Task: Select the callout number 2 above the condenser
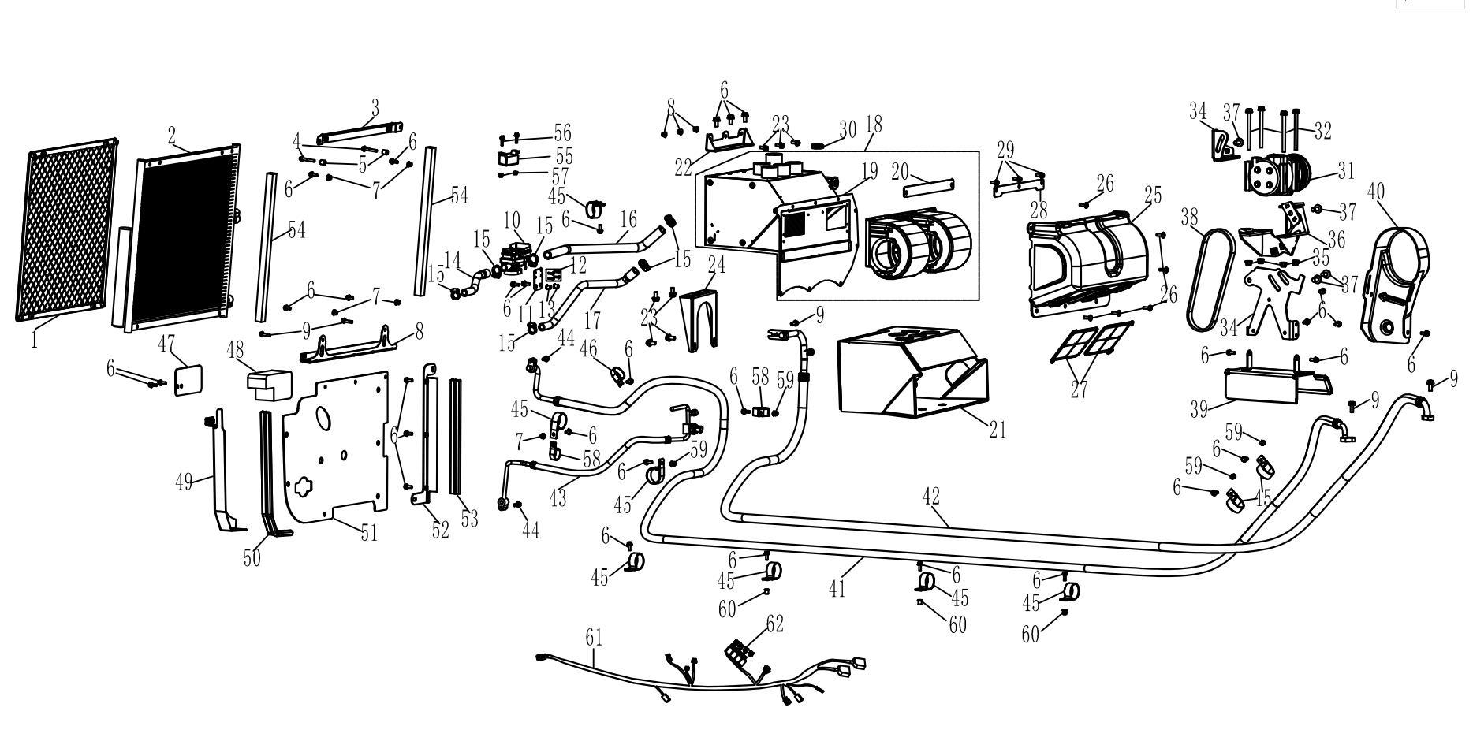pyautogui.click(x=172, y=135)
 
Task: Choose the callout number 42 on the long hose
pyautogui.click(x=931, y=497)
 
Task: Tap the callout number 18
pyautogui.click(x=874, y=125)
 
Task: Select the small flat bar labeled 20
pyautogui.click(x=929, y=189)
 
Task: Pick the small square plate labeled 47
pyautogui.click(x=188, y=379)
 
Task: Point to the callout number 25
pyautogui.click(x=1153, y=195)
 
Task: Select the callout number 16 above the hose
pyautogui.click(x=628, y=218)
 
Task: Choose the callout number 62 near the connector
pyautogui.click(x=774, y=624)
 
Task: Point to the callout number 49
pyautogui.click(x=184, y=482)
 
